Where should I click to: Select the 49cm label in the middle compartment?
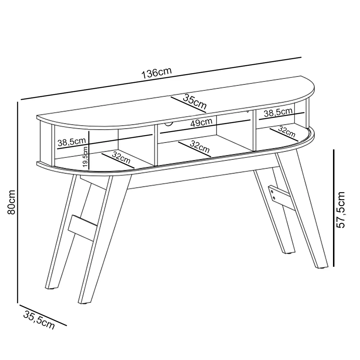pyautogui.click(x=201, y=123)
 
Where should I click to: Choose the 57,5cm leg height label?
pyautogui.click(x=341, y=210)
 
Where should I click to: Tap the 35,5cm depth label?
pyautogui.click(x=39, y=319)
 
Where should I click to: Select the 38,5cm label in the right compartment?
pyautogui.click(x=278, y=113)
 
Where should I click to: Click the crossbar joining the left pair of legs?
pyautogui.click(x=83, y=226)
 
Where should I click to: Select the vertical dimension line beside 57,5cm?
pyautogui.click(x=334, y=208)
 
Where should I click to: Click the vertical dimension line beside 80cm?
pyautogui.click(x=17, y=202)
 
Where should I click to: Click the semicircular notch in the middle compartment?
pyautogui.click(x=167, y=125)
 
